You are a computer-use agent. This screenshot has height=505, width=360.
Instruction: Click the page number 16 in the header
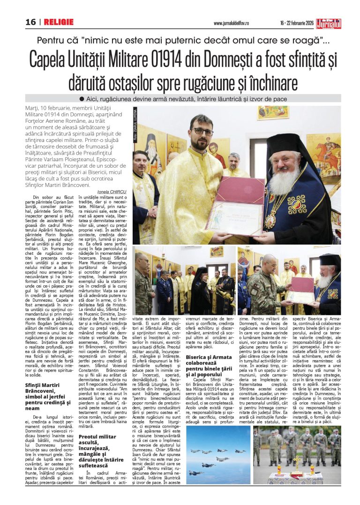[x=30, y=22]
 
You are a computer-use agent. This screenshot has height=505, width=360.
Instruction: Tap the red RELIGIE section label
[x=59, y=22]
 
